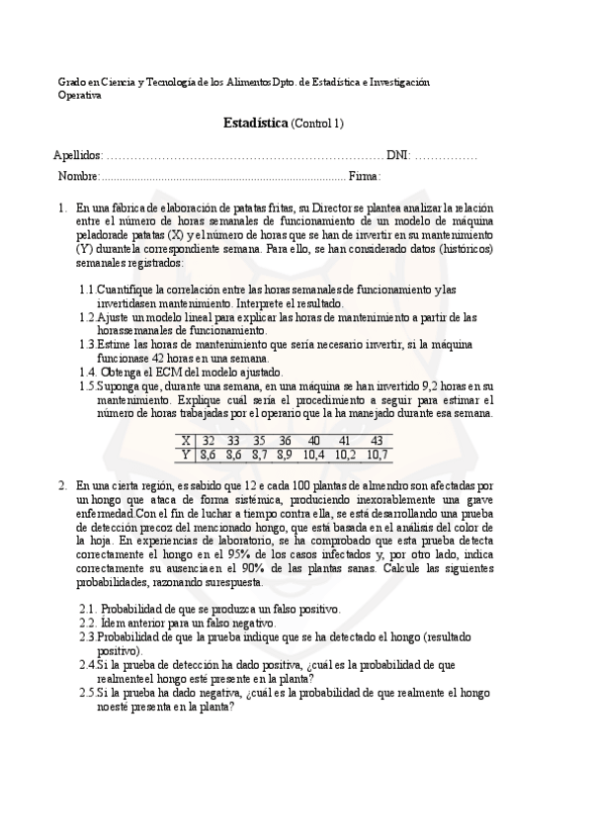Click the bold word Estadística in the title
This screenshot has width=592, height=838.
pos(256,124)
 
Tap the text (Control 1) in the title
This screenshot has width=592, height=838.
pos(317,124)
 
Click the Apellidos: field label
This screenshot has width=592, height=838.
pos(78,156)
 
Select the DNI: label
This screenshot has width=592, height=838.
pos(398,156)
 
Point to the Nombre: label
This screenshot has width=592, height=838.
pos(78,176)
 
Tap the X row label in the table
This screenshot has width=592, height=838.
pos(186,441)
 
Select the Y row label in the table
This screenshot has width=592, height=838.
pos(186,455)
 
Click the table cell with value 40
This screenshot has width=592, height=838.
pos(313,441)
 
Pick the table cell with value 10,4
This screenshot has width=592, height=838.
pos(313,455)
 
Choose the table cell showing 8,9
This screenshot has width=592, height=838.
pos(285,455)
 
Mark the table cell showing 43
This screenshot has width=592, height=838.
pos(377,441)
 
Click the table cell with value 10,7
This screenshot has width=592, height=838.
pos(377,455)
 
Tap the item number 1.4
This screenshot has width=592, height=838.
pos(88,372)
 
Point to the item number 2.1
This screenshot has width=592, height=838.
pos(88,609)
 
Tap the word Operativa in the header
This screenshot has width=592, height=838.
pos(80,95)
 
